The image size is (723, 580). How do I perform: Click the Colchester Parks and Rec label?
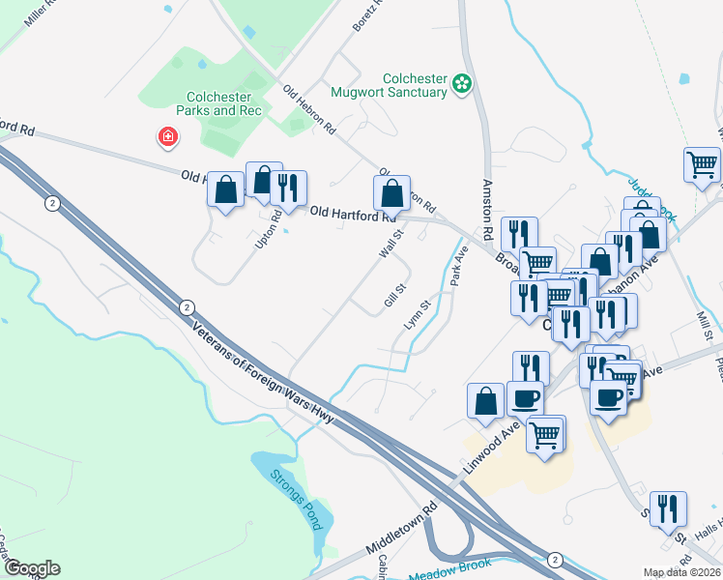tap(218, 103)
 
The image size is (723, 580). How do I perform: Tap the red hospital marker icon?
tap(168, 138)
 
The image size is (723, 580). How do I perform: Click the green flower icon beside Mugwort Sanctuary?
tap(463, 85)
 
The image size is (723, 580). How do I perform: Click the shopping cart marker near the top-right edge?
tap(702, 164)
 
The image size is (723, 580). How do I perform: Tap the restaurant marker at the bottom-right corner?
tap(667, 509)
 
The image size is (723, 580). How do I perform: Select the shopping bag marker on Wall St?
tap(391, 193)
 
